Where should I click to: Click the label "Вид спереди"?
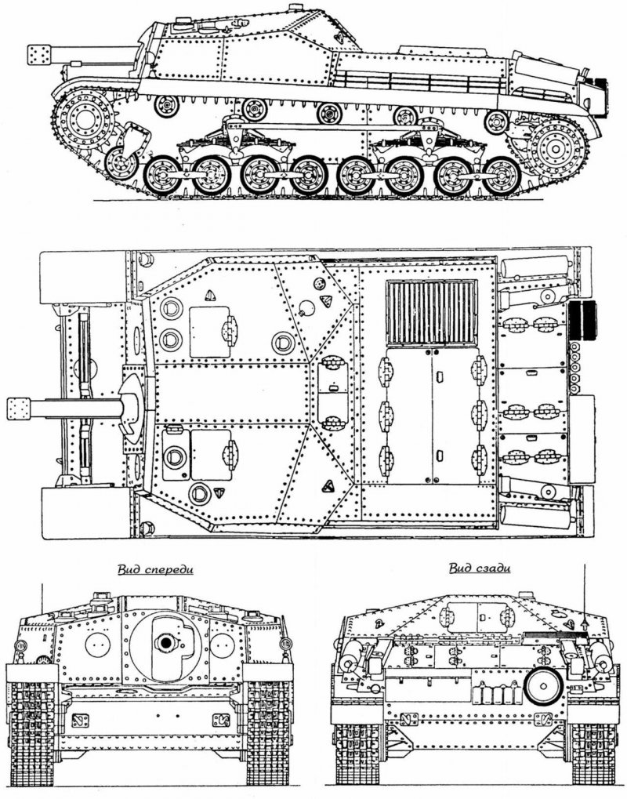click(x=155, y=569)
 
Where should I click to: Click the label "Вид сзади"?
click(x=480, y=568)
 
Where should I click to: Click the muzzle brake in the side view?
click(x=39, y=55)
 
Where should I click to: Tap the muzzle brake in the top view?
click(x=19, y=409)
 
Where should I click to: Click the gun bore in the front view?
click(x=165, y=643)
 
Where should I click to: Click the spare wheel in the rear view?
click(x=543, y=686)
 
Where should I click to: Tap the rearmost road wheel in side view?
click(x=502, y=176)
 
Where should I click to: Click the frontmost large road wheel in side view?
click(x=163, y=176)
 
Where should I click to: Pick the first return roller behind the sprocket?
click(x=167, y=106)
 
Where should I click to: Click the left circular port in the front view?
click(x=98, y=645)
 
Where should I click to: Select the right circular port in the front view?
click(x=223, y=645)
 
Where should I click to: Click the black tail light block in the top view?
click(x=582, y=321)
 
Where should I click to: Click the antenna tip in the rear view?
click(x=585, y=565)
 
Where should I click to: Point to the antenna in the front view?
click(x=42, y=598)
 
